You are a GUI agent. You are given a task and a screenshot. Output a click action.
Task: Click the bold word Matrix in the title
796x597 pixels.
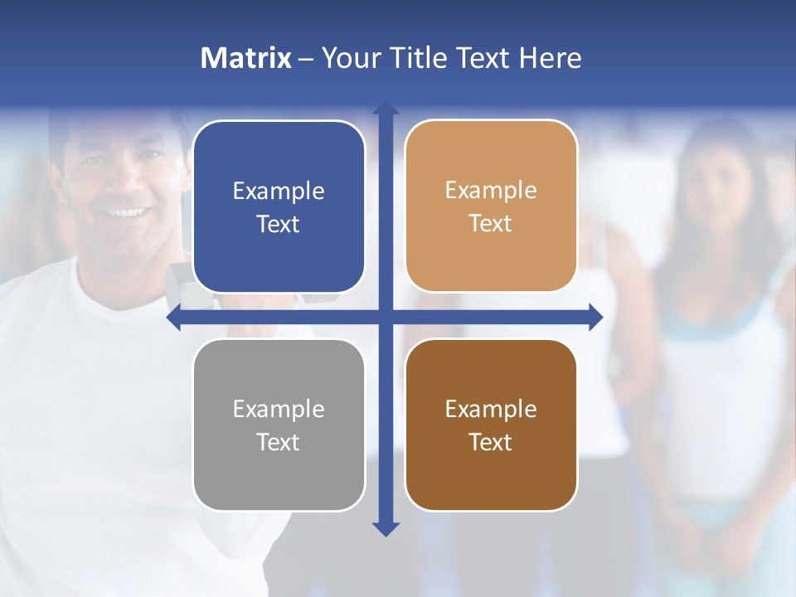point(246,58)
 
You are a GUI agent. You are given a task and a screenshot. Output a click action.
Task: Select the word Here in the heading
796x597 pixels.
point(550,58)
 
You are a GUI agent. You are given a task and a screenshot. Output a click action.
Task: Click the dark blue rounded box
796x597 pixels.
point(279,206)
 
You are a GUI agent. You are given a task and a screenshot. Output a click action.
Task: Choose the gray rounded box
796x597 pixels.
point(279,425)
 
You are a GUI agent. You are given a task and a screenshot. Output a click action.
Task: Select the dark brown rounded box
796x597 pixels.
point(491,425)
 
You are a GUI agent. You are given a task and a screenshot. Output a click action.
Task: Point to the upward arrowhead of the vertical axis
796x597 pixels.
point(386,109)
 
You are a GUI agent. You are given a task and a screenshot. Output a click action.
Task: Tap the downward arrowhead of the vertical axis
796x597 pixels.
point(386,528)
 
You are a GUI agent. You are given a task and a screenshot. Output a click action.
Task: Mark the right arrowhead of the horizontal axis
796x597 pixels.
point(595,318)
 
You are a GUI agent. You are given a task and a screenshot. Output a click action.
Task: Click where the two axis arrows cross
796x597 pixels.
point(386,318)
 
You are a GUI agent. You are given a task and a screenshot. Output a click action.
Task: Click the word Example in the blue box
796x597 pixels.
point(279,192)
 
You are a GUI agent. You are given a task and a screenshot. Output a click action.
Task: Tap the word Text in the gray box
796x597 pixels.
point(279,442)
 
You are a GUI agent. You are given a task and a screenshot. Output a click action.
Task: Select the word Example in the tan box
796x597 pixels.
point(491,191)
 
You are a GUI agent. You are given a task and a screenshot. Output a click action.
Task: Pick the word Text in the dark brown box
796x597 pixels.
point(491,442)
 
